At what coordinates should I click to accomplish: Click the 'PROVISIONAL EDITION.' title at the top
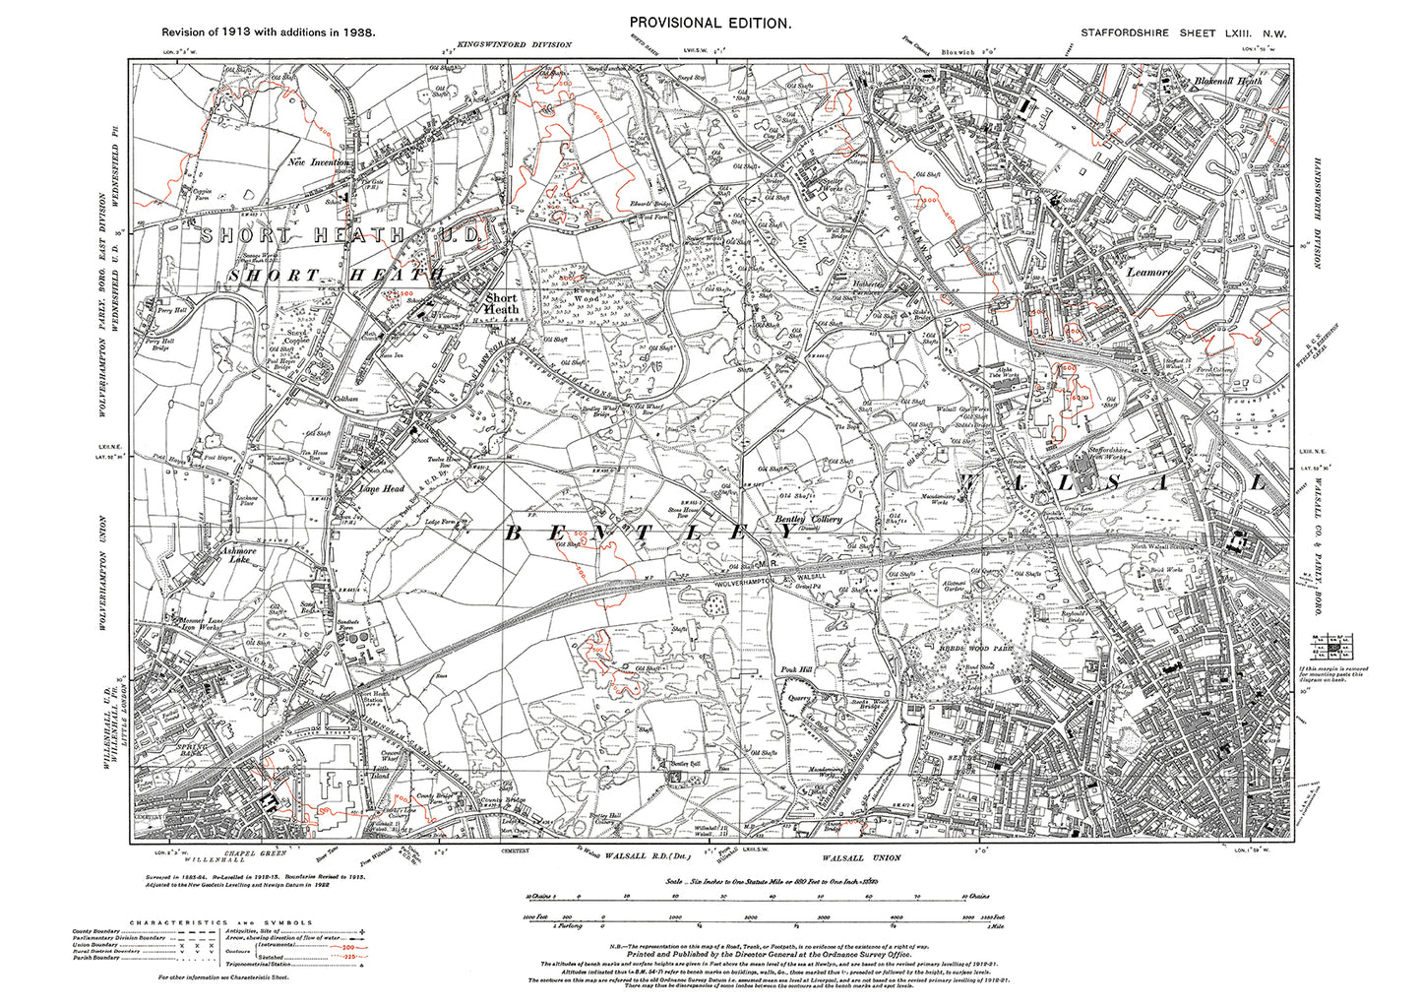[710, 23]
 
